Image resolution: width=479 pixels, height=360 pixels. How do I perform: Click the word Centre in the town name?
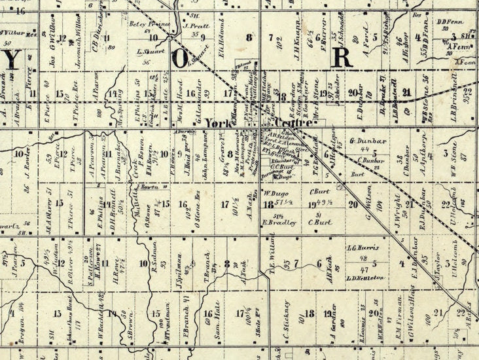tap(285, 123)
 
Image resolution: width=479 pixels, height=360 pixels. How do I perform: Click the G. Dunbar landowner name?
tap(366, 140)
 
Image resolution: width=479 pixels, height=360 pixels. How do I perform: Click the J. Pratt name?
tap(195, 27)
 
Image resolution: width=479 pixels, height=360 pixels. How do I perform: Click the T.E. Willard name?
tap(270, 261)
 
